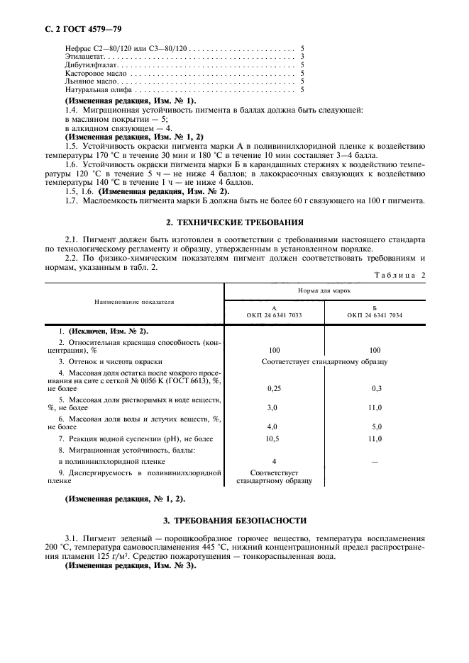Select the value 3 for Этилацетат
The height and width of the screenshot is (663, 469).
tap(303, 56)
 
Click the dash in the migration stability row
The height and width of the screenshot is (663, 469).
tap(375, 461)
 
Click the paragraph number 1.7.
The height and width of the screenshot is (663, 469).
tap(72, 200)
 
